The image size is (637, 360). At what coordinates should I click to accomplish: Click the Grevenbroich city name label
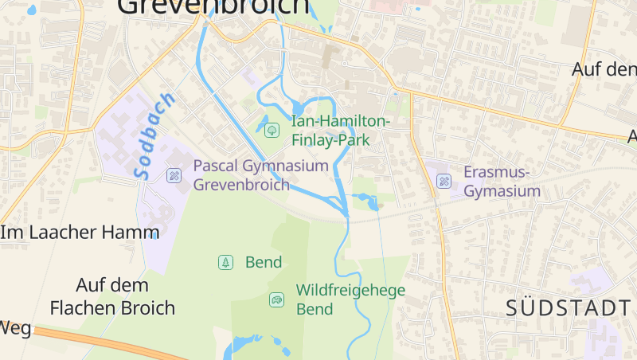click(213, 6)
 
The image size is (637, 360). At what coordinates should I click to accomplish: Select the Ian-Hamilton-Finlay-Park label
click(341, 130)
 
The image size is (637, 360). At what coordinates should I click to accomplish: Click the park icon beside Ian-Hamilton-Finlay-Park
click(272, 128)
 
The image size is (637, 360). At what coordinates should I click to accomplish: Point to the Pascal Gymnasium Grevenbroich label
click(260, 175)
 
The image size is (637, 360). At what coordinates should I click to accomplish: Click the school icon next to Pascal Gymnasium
click(174, 175)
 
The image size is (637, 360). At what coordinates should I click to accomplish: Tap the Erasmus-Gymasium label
click(502, 182)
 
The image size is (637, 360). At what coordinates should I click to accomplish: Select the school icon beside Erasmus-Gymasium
click(444, 182)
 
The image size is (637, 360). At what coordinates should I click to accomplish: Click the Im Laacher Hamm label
click(80, 233)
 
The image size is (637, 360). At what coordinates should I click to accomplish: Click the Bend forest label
click(264, 262)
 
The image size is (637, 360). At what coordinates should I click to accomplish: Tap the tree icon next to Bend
click(226, 262)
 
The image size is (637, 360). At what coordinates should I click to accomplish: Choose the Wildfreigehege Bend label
click(350, 299)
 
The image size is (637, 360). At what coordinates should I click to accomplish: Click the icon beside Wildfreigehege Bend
click(276, 299)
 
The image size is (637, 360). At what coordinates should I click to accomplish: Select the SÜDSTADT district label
click(569, 308)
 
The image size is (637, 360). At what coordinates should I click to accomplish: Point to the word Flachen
click(80, 307)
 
